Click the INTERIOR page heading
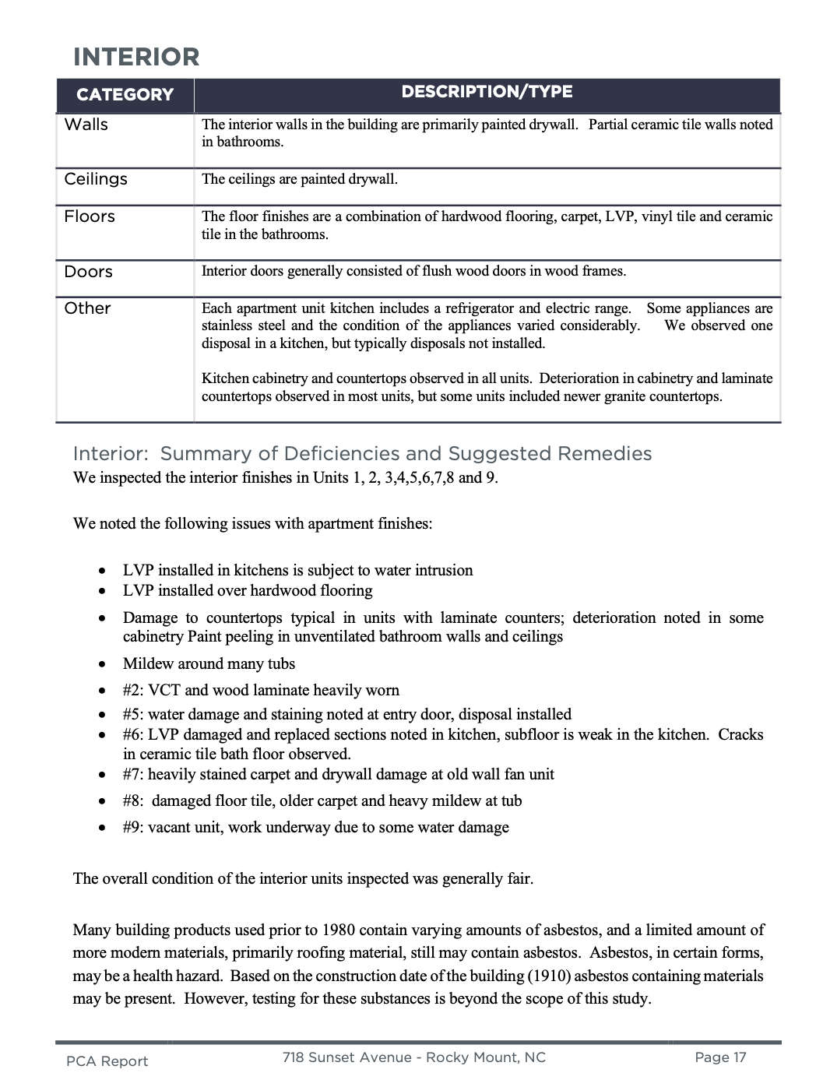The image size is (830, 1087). click(136, 57)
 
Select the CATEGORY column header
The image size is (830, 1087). click(125, 95)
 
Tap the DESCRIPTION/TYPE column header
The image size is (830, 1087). click(487, 92)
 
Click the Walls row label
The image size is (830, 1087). click(86, 125)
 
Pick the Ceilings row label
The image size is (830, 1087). click(96, 179)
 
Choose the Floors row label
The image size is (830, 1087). click(90, 216)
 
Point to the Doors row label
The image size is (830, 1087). click(88, 272)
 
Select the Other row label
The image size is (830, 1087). click(87, 308)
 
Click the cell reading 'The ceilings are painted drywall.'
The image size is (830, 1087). click(300, 179)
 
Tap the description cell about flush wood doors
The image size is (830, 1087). click(413, 271)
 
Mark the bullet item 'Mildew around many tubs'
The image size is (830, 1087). click(209, 663)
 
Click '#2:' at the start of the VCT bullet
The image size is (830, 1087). click(133, 690)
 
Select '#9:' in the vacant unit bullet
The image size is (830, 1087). click(133, 827)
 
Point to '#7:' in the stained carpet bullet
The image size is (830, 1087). click(133, 774)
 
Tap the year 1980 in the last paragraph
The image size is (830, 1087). click(338, 930)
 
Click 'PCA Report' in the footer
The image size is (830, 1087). click(107, 1061)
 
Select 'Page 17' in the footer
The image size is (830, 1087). click(720, 1057)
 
